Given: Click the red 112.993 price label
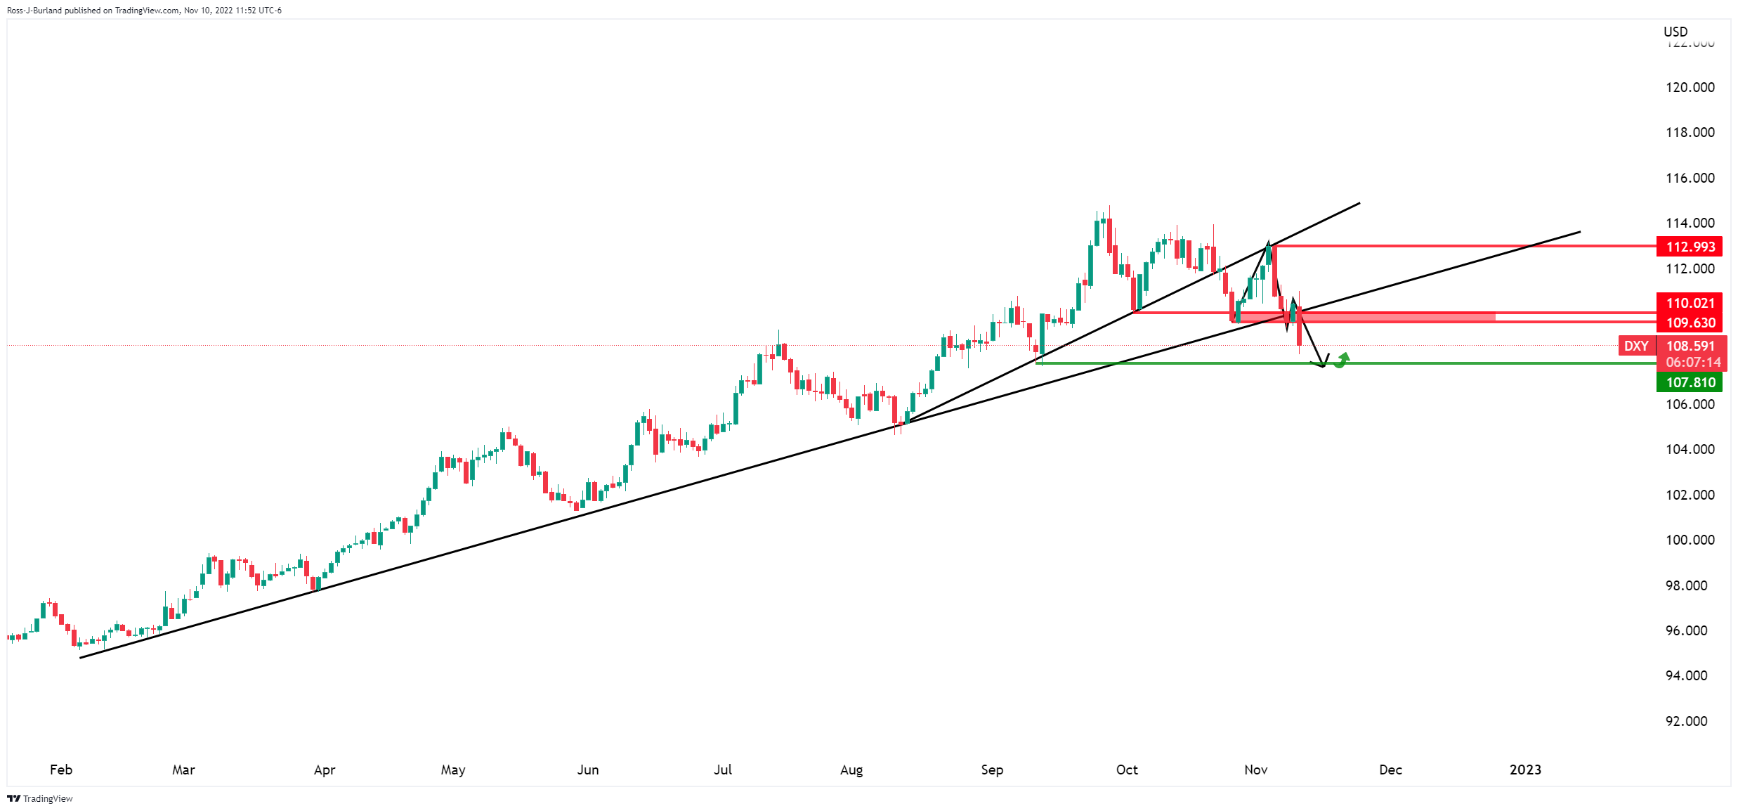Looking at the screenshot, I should [1690, 247].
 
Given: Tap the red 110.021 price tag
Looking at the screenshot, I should [1690, 303].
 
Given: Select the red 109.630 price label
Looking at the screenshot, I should [1690, 323].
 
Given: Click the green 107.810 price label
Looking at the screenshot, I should [1690, 382].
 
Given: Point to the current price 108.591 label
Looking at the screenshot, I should [1690, 346].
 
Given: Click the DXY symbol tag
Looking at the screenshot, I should [1636, 346].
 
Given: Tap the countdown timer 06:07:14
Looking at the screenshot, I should [1693, 363].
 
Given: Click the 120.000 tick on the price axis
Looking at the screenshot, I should [1690, 87].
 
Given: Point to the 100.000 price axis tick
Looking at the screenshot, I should [1690, 540].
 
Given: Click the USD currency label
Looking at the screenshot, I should [1675, 32].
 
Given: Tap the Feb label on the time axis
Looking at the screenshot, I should [61, 770].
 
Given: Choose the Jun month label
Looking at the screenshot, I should [588, 770].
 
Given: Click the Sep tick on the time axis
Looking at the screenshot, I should [992, 770].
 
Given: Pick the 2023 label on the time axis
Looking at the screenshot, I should [1525, 770].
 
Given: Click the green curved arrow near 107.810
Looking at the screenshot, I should [1342, 361].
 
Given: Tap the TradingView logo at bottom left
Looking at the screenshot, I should [40, 798].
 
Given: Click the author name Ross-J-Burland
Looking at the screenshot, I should [34, 11].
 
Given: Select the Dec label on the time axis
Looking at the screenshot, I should [1390, 770].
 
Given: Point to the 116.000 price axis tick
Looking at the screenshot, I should [1690, 178].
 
